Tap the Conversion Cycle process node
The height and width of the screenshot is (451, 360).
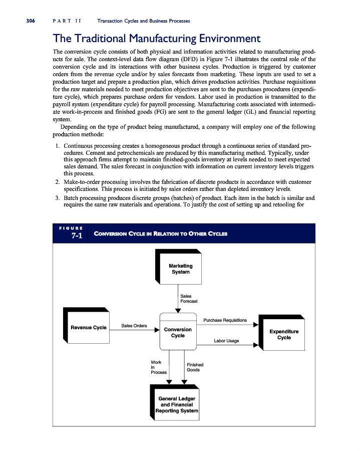[x=178, y=332]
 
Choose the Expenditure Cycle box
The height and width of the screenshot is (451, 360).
[x=284, y=334]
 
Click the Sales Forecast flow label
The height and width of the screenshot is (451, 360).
[x=188, y=299]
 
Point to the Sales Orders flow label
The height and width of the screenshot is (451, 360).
[x=134, y=326]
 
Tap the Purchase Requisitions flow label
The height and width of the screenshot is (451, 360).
[x=225, y=320]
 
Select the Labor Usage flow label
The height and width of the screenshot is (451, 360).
[x=226, y=341]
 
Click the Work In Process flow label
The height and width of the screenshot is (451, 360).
[x=158, y=367]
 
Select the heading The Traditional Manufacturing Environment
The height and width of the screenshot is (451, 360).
[x=157, y=39]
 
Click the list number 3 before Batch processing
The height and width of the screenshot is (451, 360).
[x=58, y=197]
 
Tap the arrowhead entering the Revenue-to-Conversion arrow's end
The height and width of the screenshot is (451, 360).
[x=156, y=330]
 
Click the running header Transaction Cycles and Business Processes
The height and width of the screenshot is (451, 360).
[x=144, y=21]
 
